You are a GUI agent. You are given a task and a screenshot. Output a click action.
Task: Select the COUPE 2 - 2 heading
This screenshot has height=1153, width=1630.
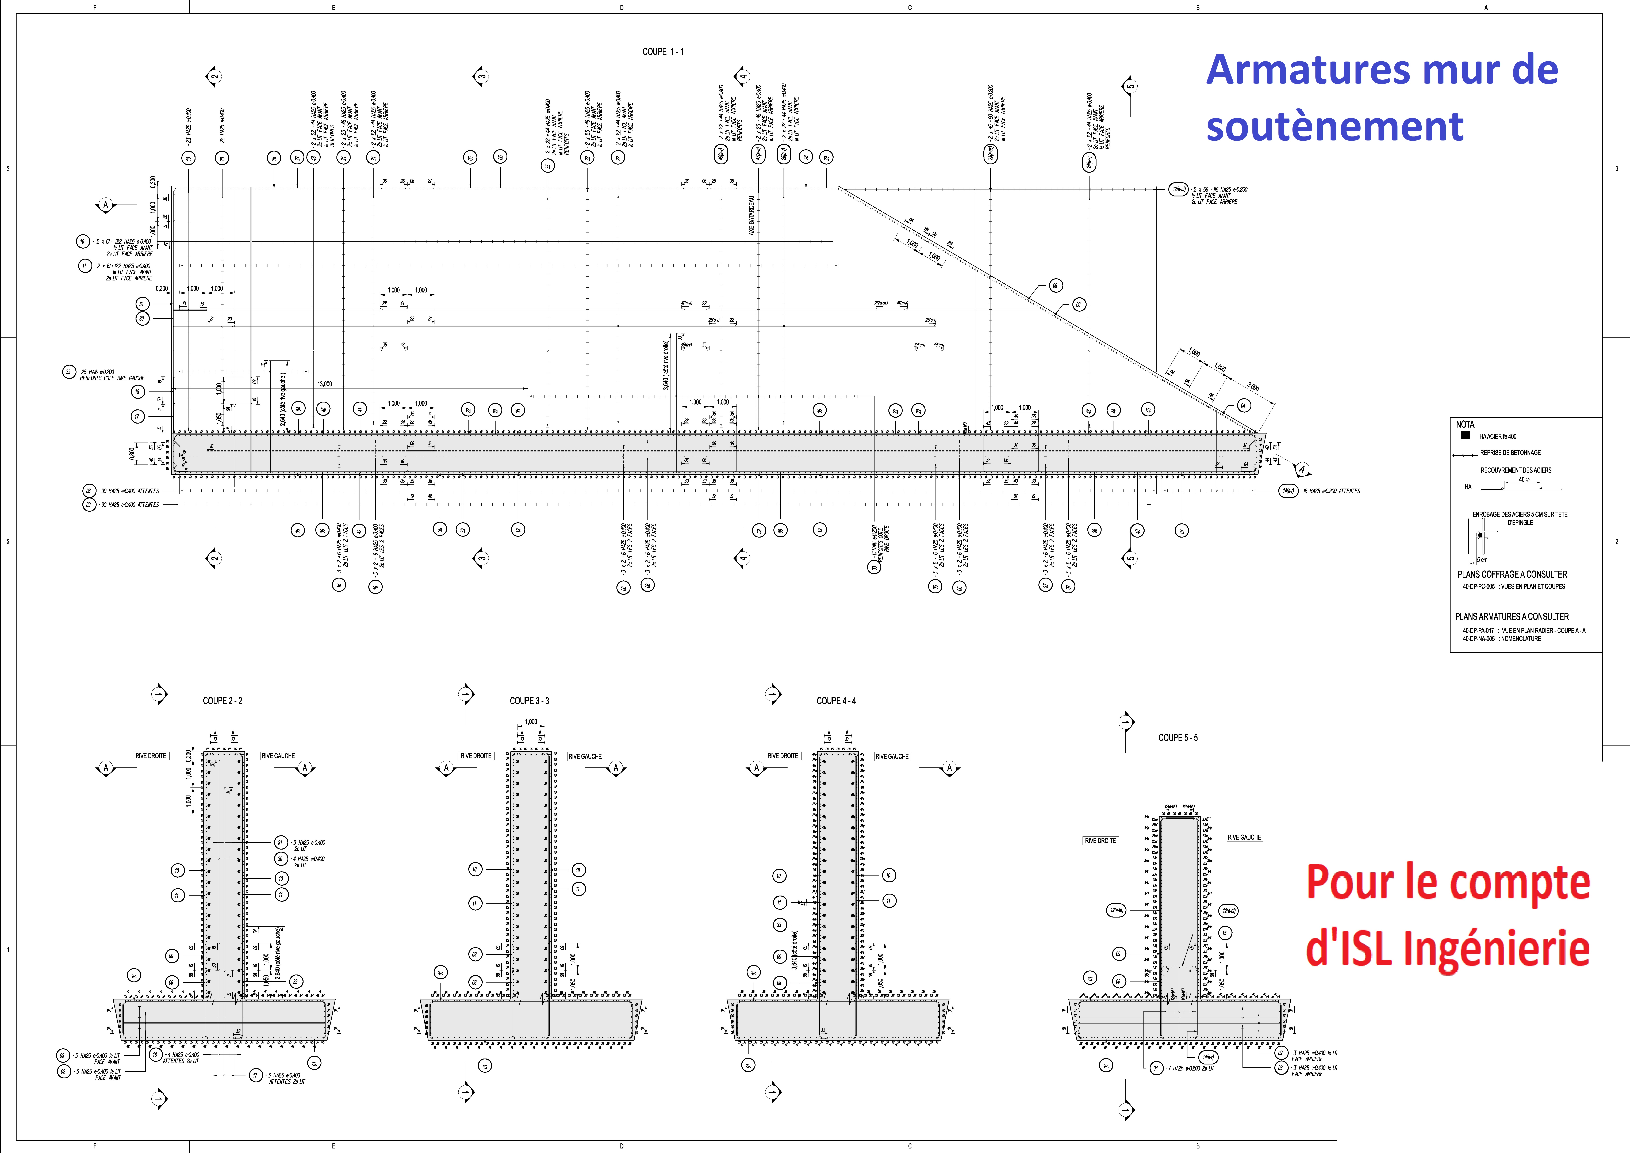tap(222, 701)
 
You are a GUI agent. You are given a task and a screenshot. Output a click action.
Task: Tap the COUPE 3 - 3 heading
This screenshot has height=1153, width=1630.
tap(529, 701)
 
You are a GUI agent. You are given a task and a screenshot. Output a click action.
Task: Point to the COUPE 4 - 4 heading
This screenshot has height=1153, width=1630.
tap(836, 701)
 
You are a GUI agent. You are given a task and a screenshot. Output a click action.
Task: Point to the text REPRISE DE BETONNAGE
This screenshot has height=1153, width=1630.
tap(1510, 452)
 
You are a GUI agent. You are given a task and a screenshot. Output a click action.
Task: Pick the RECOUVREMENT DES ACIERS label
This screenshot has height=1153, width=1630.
tap(1516, 470)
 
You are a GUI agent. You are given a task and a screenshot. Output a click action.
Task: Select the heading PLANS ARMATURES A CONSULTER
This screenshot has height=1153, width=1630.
tap(1512, 616)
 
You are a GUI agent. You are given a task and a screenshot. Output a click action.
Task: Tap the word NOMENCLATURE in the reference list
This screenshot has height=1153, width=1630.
tap(1521, 638)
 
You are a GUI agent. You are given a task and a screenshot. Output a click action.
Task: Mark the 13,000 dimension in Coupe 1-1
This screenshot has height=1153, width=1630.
tap(324, 384)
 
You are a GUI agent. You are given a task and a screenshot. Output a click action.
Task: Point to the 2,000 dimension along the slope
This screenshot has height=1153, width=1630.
tap(1253, 387)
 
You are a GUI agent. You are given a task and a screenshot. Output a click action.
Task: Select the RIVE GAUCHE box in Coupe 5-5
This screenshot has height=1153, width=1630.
tap(1244, 837)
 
